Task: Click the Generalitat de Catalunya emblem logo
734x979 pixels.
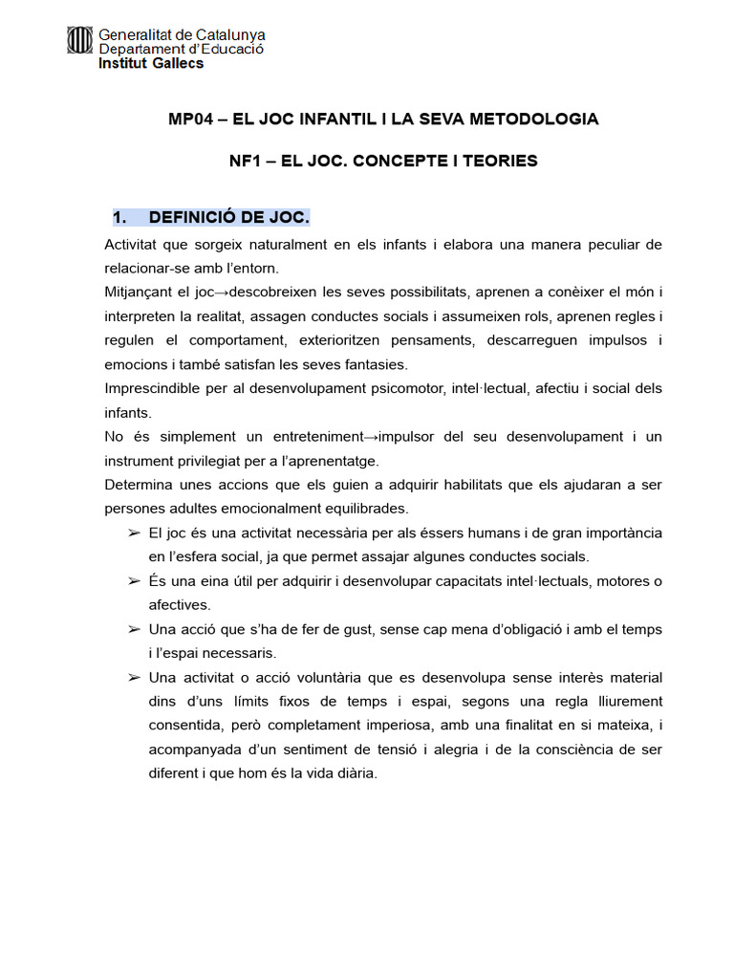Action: pyautogui.click(x=80, y=40)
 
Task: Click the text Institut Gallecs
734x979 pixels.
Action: pyautogui.click(x=151, y=64)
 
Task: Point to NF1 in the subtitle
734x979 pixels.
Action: pyautogui.click(x=246, y=161)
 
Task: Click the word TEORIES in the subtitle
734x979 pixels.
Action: pyautogui.click(x=500, y=161)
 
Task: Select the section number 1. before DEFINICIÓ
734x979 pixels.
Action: pyautogui.click(x=120, y=218)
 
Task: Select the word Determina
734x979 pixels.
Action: pyautogui.click(x=139, y=485)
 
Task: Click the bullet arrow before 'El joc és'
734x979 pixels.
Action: pyautogui.click(x=134, y=533)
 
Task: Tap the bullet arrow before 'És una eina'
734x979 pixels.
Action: pyautogui.click(x=134, y=581)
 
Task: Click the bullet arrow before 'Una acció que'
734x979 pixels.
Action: pyautogui.click(x=134, y=629)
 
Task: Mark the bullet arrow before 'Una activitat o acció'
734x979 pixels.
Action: pyautogui.click(x=134, y=678)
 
